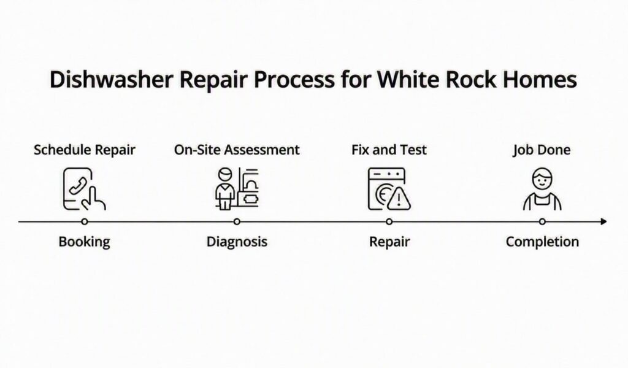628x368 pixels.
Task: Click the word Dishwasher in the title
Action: click(x=111, y=79)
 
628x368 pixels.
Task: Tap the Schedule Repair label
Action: click(x=85, y=150)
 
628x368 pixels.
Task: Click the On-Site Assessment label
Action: click(x=237, y=150)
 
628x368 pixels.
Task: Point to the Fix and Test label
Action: click(x=389, y=150)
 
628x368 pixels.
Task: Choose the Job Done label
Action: click(x=542, y=150)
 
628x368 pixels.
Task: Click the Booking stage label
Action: click(x=84, y=242)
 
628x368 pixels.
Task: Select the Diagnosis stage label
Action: click(x=237, y=242)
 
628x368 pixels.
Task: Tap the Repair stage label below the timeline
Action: click(x=389, y=242)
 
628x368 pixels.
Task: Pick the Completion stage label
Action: click(x=542, y=242)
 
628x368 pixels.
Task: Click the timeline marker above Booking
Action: click(x=84, y=221)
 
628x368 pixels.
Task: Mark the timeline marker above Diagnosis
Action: click(x=237, y=221)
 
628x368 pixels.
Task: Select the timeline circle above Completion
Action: click(x=542, y=221)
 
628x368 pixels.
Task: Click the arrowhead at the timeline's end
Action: click(x=604, y=221)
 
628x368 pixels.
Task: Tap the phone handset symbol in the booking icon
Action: click(x=78, y=185)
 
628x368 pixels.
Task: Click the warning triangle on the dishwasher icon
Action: click(x=399, y=198)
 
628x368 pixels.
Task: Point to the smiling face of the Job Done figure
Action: click(x=542, y=179)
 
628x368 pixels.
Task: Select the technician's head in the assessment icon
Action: click(x=225, y=175)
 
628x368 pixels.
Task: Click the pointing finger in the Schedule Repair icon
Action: click(x=94, y=198)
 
